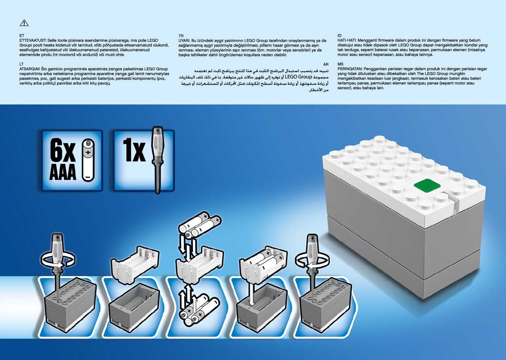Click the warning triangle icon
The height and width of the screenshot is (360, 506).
pos(24,23)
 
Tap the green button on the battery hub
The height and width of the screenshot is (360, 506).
pos(427,185)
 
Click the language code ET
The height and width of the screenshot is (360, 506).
pos(22,35)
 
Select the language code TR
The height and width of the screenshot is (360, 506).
pos(181,36)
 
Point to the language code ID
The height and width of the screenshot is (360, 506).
pos(339,35)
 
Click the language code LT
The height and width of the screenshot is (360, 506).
pos(21,64)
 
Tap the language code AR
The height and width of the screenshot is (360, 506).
pos(326,64)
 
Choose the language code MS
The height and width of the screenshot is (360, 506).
pos(340,64)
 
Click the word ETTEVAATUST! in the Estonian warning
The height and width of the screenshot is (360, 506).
pos(33,40)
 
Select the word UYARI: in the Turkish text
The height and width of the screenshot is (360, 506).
pos(184,41)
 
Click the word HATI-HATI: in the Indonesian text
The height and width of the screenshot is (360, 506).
pos(347,40)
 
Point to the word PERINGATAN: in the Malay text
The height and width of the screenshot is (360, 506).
pos(350,69)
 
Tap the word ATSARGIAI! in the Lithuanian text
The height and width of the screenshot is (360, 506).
pos(30,69)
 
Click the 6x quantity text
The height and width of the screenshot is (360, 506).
pos(63,150)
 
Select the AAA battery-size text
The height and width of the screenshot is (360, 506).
pos(63,173)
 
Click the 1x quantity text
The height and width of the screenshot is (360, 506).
pos(134,150)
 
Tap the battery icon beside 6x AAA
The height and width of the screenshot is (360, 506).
pos(88,160)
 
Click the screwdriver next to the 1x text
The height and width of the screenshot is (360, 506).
pos(157,159)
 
